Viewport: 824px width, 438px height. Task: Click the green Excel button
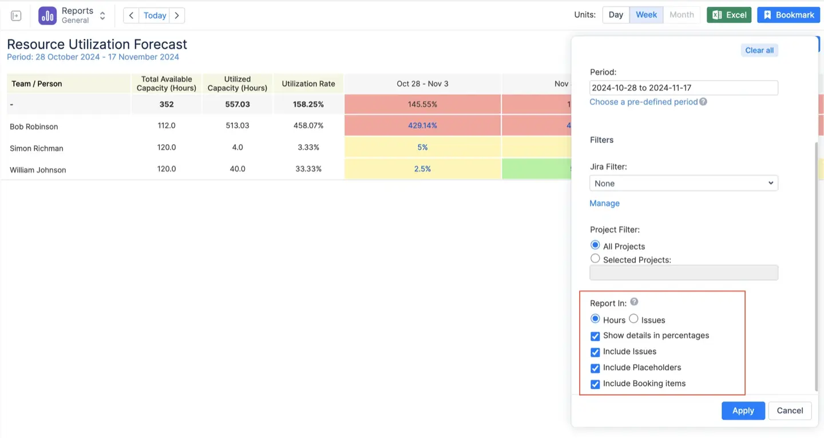729,15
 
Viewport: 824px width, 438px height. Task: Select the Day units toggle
616,15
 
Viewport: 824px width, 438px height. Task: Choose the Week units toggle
646,15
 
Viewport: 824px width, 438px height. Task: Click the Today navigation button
154,15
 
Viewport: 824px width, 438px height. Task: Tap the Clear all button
759,50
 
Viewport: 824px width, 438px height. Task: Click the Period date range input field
683,88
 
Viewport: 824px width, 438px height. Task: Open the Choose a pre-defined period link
644,102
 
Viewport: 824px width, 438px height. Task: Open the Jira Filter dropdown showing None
683,184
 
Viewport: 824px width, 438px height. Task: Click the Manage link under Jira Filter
604,203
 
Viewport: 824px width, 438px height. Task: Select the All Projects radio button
595,246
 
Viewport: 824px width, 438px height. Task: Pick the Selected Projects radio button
595,259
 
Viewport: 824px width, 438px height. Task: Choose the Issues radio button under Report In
633,319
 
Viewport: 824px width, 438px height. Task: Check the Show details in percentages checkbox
595,336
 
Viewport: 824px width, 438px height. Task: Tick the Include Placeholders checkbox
595,368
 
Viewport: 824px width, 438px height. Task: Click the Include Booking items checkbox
595,384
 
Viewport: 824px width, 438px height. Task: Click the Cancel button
790,411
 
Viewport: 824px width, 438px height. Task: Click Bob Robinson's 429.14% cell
422,125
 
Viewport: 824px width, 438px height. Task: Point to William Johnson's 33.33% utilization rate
308,169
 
